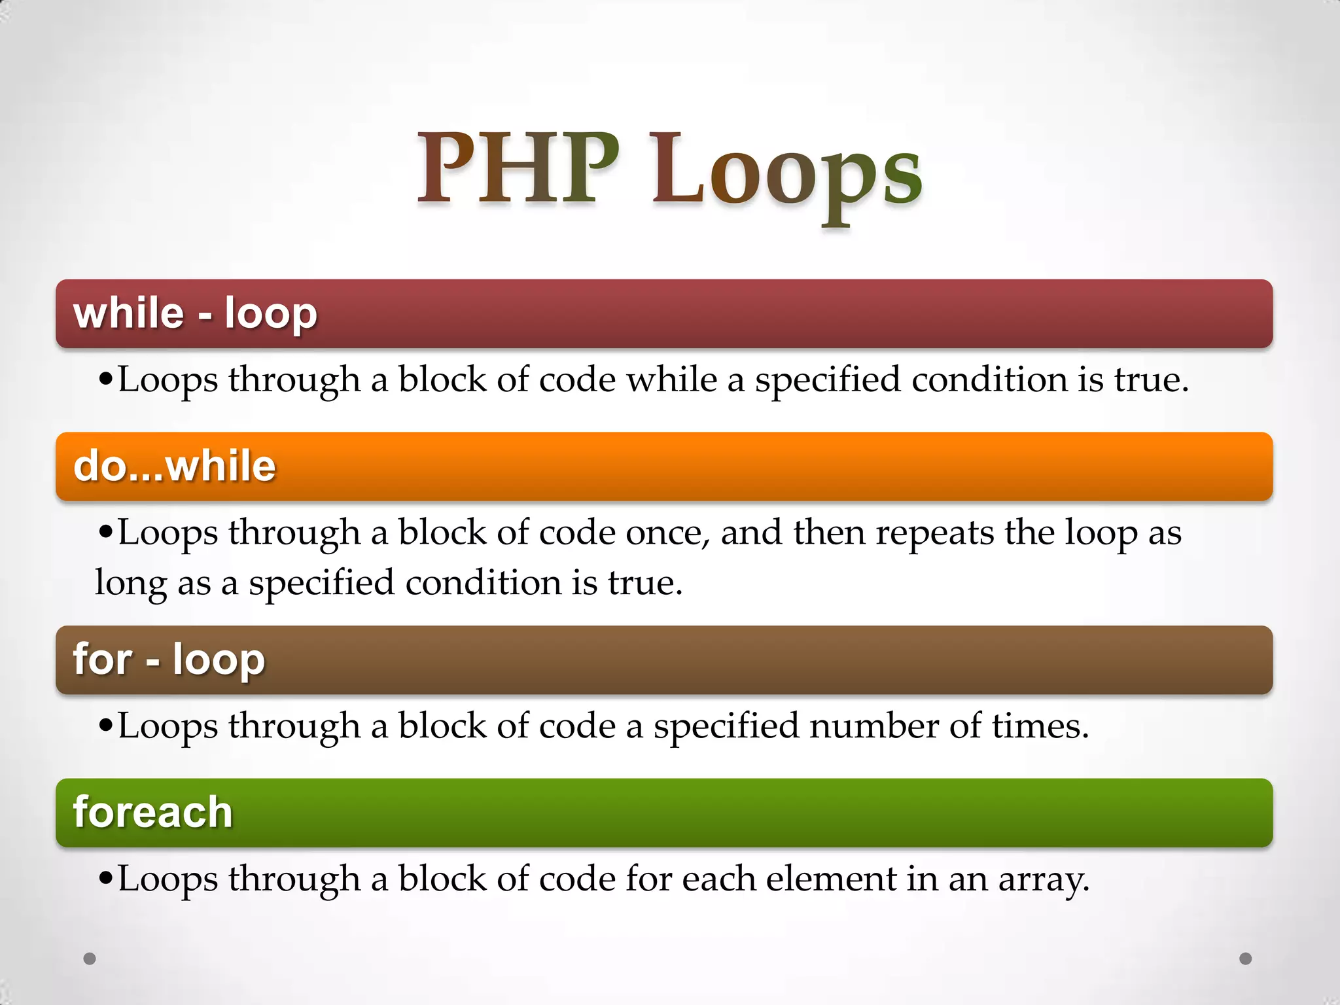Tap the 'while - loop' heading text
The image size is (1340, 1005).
195,313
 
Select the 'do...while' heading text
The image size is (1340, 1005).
175,466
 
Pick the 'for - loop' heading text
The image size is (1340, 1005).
169,659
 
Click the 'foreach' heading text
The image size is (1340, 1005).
152,812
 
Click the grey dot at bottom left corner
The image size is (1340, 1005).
90,959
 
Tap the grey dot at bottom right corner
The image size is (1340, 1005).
1246,959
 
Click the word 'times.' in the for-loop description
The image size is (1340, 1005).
1040,726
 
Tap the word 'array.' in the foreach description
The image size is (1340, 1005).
1044,880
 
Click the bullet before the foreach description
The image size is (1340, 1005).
105,879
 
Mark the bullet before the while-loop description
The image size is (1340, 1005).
105,379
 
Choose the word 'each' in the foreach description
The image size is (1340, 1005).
719,879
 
